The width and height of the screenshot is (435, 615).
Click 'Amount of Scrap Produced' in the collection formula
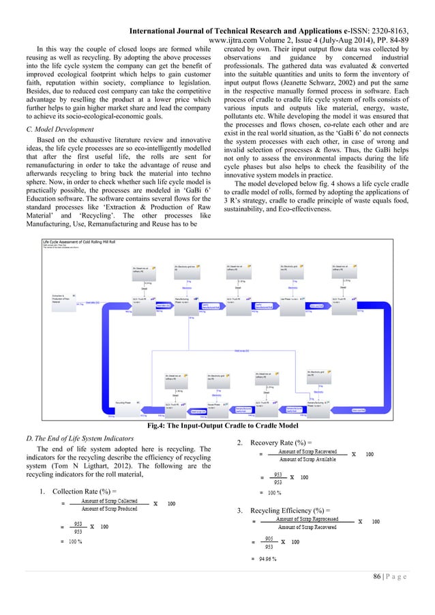[x=108, y=508]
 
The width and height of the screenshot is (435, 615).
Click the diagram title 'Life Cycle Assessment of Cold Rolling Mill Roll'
[x=74, y=241]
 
